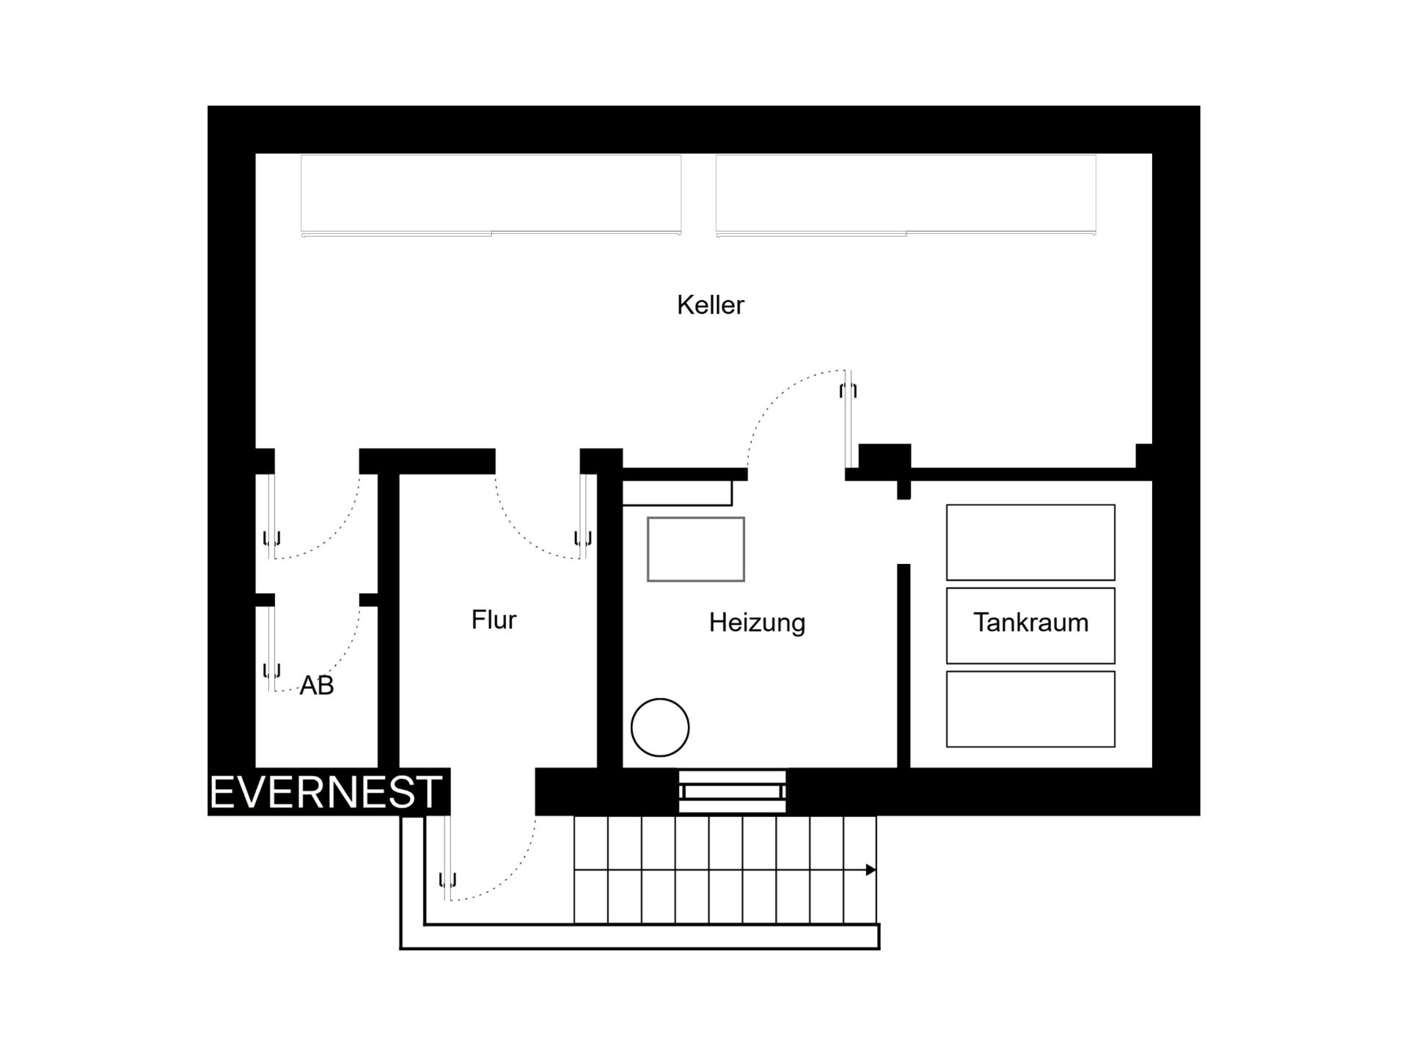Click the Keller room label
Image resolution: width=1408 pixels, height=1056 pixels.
point(710,305)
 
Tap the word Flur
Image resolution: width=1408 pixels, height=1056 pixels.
point(494,620)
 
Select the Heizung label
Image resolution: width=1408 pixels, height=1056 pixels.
point(757,623)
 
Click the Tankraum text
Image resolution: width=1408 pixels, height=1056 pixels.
point(1030,623)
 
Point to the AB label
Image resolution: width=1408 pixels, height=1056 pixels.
point(317,686)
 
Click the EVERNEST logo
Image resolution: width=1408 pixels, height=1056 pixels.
point(326,793)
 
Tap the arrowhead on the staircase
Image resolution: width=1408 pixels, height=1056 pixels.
point(871,870)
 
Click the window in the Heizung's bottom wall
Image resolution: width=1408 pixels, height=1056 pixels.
point(733,792)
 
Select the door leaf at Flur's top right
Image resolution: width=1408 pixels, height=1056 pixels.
point(584,517)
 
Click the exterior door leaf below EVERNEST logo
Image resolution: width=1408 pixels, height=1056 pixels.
point(447,858)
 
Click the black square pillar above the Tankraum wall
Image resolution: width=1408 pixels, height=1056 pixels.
point(885,459)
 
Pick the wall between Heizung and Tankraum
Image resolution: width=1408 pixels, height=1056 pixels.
point(903,666)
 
